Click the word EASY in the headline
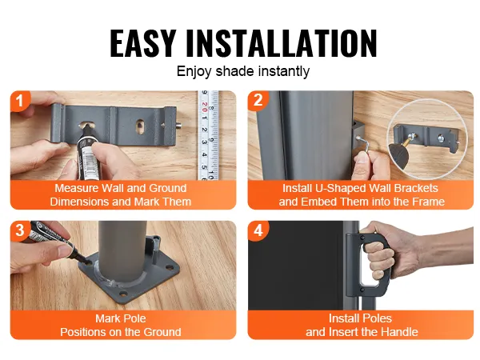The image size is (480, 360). pos(142,43)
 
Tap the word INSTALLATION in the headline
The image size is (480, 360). pos(282,43)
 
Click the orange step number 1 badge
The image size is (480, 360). pos(20,101)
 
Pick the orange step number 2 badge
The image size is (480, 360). pos(258,100)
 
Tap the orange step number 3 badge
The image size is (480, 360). pos(20,230)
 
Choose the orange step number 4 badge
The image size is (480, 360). pos(258,230)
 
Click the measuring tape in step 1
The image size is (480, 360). pos(208,135)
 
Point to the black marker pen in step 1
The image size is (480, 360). pos(89,152)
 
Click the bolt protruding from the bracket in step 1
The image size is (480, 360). pos(178,126)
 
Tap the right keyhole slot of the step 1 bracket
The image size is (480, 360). pos(140,126)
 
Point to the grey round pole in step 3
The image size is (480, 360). pos(122,252)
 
